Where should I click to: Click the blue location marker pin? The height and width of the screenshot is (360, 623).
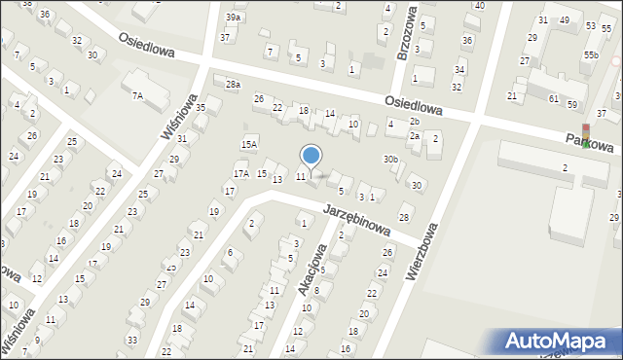[311, 156]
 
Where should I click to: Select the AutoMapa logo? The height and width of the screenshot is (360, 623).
[558, 341]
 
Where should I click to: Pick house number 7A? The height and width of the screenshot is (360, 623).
[137, 95]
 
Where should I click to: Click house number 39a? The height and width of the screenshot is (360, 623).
[233, 18]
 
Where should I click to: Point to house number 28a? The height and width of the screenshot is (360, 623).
[233, 85]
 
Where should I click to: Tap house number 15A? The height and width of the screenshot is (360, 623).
[249, 144]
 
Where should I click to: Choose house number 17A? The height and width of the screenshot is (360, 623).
[240, 173]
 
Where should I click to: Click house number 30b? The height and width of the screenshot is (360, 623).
[390, 159]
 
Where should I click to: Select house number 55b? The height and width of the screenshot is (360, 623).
[591, 55]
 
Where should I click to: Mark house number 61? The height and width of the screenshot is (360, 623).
[553, 99]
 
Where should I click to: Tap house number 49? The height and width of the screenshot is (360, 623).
[565, 20]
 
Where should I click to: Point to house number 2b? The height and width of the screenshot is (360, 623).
[414, 121]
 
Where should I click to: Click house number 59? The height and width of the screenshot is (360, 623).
[572, 104]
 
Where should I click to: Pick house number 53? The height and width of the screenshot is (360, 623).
[592, 26]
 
